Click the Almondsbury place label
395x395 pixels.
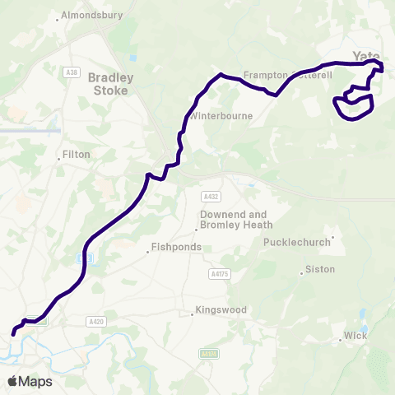tap(91, 16)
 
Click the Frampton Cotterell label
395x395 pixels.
tap(287, 75)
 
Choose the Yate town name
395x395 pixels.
tap(365, 55)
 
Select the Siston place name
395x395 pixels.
tap(320, 269)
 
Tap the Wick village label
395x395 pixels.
tap(355, 337)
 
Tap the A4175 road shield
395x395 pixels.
tap(218, 273)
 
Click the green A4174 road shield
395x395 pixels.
tap(209, 353)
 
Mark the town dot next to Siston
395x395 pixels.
tap(302, 272)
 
